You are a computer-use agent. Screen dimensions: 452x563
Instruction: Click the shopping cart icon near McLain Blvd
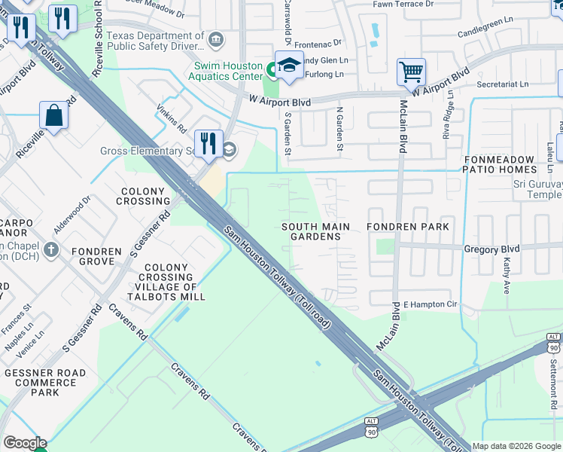coord(412,73)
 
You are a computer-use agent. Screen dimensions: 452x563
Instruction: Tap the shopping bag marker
coord(54,117)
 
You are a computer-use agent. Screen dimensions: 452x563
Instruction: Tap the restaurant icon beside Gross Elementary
coord(208,142)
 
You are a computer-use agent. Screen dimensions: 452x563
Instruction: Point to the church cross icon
coord(50,249)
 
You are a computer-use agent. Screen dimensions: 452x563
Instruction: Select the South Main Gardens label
coord(315,231)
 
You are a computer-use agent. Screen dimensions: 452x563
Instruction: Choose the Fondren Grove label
coord(96,256)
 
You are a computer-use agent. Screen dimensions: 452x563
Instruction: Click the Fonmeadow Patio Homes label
coord(510,166)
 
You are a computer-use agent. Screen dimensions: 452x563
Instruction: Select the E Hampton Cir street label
coord(430,304)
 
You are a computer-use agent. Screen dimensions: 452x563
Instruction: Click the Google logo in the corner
coord(24,443)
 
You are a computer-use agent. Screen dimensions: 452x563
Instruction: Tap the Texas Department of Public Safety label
coord(154,41)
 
